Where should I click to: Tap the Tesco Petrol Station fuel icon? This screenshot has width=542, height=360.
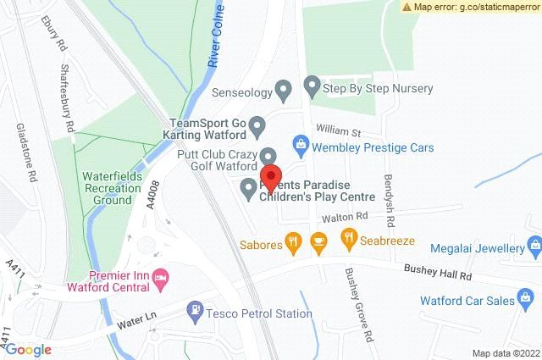pos(196,312)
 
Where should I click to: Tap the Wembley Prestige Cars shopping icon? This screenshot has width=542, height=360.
pos(298,147)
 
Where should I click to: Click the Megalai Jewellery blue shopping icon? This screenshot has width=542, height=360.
pos(534,247)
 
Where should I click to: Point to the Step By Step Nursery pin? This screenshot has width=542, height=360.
pos(311,86)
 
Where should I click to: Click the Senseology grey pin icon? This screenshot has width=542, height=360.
pos(285,87)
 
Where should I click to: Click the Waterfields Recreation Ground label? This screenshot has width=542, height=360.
pos(106,188)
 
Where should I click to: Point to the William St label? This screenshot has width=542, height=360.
pos(339,132)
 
